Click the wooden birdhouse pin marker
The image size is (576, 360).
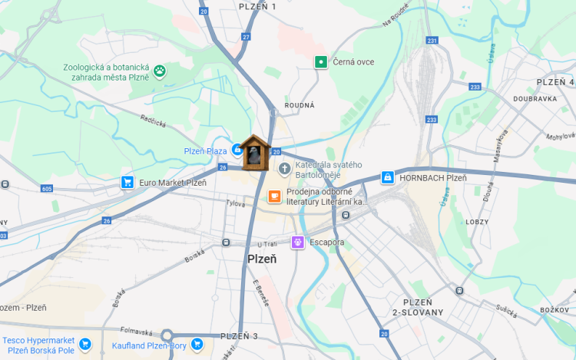coord(253,152)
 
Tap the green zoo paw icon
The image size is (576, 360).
coord(160,71)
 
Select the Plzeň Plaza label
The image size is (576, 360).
coord(205,151)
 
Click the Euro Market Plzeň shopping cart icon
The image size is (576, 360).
coord(127,183)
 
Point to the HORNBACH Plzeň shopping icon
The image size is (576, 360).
coord(388,177)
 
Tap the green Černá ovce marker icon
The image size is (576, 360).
coord(321,61)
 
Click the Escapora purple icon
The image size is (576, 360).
coord(297,243)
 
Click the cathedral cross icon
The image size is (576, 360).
coord(285,168)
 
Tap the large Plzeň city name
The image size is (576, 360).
coord(262,259)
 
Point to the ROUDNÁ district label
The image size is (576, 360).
coord(300,105)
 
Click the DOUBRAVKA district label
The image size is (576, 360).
coord(535,99)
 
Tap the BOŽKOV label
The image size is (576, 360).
coord(554,309)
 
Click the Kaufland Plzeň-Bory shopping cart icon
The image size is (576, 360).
coord(197,345)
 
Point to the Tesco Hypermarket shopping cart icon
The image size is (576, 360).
coord(85,345)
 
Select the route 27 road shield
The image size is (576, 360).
coord(246,36)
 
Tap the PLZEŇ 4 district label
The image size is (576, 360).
coord(554,82)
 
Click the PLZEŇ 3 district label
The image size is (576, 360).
coord(240,336)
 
